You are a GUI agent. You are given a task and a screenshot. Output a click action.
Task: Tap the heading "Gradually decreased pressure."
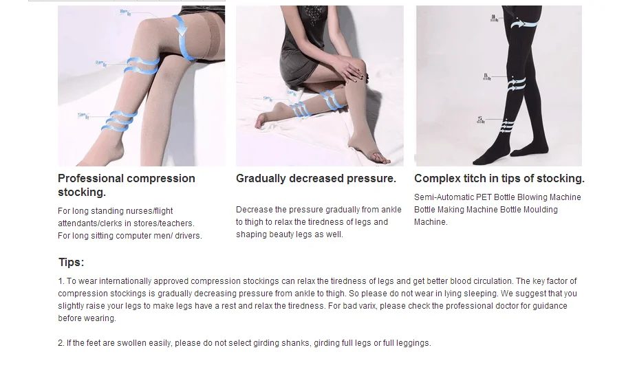[x=316, y=179]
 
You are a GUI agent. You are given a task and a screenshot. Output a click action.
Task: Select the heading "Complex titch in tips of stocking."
[x=499, y=179]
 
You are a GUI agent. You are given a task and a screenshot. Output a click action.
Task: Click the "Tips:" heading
[x=71, y=263]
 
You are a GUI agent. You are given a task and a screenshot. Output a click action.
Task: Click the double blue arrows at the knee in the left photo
[x=142, y=65]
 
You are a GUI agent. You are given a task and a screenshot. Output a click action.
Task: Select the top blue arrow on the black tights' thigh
[x=522, y=25]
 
